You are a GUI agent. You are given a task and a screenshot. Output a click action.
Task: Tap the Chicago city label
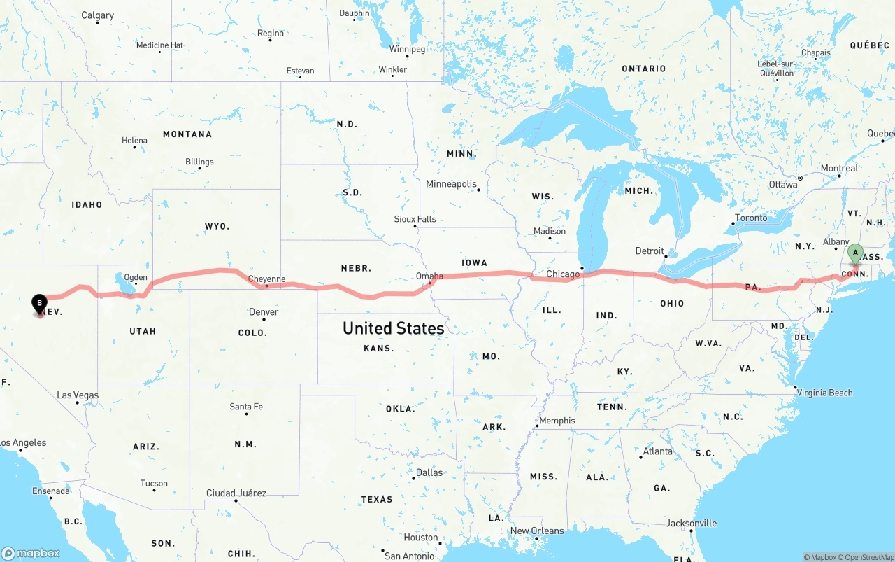click(x=563, y=274)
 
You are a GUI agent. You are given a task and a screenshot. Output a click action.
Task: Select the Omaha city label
click(x=429, y=276)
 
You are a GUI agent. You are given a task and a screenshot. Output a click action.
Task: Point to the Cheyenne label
click(x=267, y=279)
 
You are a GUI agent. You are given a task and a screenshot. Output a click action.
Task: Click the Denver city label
click(x=264, y=312)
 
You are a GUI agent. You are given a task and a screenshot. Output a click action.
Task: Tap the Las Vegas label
click(x=78, y=395)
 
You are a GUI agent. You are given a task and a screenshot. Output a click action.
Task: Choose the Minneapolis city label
click(x=451, y=184)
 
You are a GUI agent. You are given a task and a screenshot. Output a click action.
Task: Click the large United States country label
click(x=393, y=328)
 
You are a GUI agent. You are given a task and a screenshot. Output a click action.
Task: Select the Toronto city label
click(x=751, y=218)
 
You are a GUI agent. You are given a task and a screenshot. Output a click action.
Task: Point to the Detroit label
click(x=650, y=251)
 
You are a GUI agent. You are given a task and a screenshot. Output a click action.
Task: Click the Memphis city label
click(x=557, y=421)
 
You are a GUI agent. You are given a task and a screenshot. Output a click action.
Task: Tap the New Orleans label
click(x=537, y=531)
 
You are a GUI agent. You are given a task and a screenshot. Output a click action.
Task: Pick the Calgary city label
click(x=97, y=15)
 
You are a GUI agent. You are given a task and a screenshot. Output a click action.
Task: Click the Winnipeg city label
click(x=407, y=50)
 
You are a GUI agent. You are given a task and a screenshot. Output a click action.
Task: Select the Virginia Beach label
click(x=826, y=393)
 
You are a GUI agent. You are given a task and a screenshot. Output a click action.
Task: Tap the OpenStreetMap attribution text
click(x=868, y=557)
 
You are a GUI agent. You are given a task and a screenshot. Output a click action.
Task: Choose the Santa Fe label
click(x=246, y=407)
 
